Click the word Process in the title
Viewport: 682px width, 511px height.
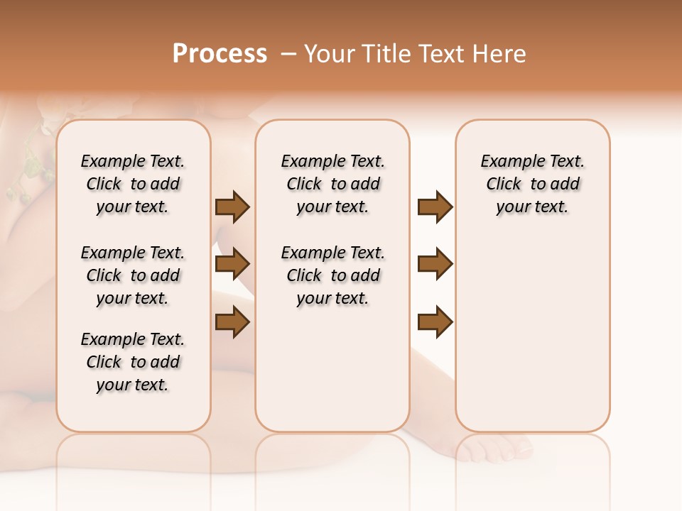pyautogui.click(x=220, y=54)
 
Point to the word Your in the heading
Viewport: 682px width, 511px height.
pyautogui.click(x=329, y=54)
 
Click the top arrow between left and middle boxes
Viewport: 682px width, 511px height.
pyautogui.click(x=232, y=207)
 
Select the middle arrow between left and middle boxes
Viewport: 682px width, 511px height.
pyautogui.click(x=232, y=264)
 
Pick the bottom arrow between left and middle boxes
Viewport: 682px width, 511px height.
pyautogui.click(x=232, y=322)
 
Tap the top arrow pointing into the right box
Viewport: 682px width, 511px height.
pyautogui.click(x=435, y=207)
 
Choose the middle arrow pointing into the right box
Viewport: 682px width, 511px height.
pyautogui.click(x=435, y=264)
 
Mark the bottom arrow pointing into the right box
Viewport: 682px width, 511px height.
pyautogui.click(x=435, y=322)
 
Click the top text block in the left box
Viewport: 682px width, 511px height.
pyautogui.click(x=133, y=184)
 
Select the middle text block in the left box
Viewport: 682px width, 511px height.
pyautogui.click(x=133, y=275)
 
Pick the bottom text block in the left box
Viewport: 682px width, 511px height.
pyautogui.click(x=133, y=362)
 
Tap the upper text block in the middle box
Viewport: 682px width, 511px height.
pyautogui.click(x=332, y=184)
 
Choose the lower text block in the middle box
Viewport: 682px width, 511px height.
pyautogui.click(x=332, y=275)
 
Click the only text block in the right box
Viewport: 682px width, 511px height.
pyautogui.click(x=532, y=184)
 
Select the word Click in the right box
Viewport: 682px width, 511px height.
pyautogui.click(x=504, y=185)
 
